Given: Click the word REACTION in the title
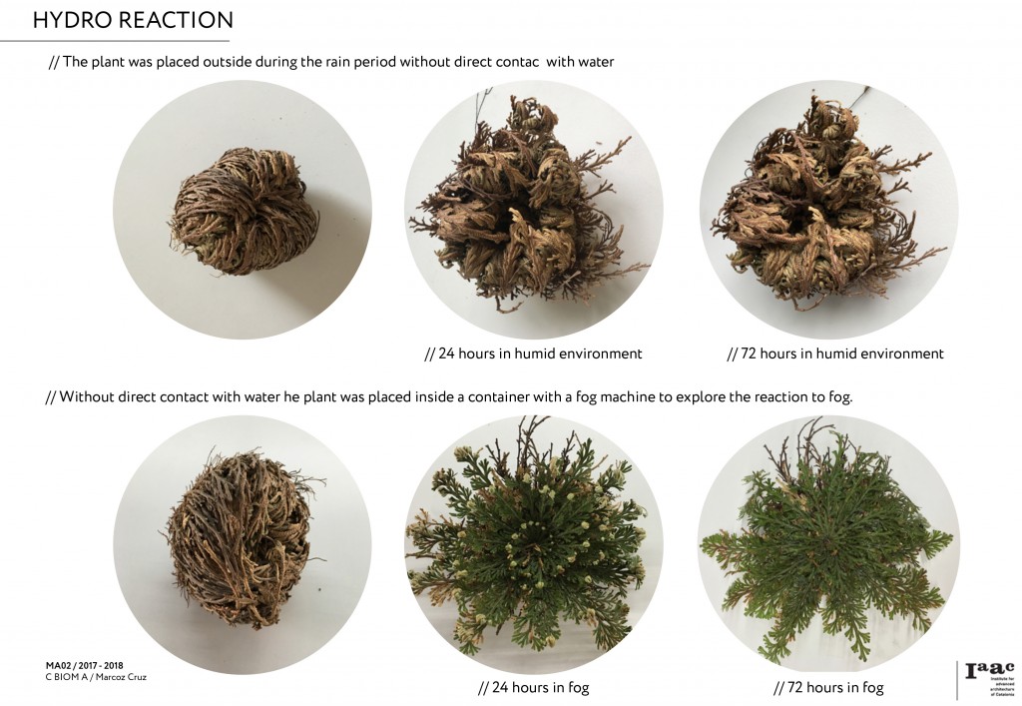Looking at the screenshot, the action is click(175, 20).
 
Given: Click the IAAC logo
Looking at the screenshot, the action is click(990, 679).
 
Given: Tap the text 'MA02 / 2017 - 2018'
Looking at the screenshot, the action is click(85, 666).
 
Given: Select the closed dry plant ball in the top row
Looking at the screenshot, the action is click(244, 211).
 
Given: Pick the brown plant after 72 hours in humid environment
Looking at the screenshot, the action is click(827, 210).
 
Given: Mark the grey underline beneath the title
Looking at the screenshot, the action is click(115, 41).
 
